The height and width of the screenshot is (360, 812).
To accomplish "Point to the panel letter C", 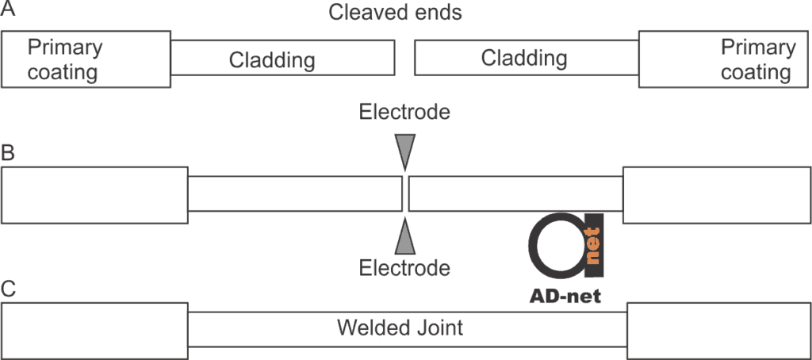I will [8, 289].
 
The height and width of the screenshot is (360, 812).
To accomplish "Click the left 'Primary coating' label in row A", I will [63, 60].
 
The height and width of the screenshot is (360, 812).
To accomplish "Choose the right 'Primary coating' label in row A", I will [756, 60].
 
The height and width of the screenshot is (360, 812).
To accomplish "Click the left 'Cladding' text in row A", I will [272, 59].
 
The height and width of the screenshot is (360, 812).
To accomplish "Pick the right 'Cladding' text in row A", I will [524, 58].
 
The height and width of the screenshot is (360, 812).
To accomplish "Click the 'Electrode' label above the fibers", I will [404, 112].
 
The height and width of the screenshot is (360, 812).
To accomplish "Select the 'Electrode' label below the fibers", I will [404, 268].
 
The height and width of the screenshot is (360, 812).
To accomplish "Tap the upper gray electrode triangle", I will [405, 148].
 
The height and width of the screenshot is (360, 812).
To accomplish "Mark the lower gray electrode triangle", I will [405, 238].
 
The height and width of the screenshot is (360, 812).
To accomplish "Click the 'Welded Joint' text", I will [400, 327].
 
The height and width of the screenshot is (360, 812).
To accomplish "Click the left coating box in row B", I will [95, 194].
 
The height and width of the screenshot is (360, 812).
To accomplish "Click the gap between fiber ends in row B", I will [405, 194].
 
